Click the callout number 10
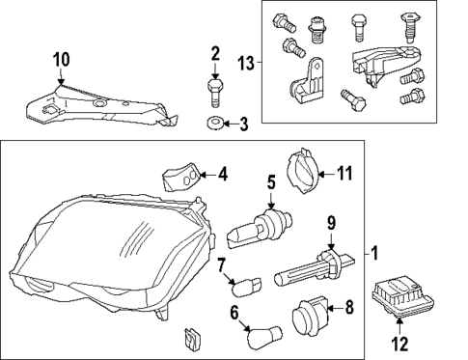tap(61, 61)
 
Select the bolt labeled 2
tap(214, 93)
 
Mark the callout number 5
tap(271, 180)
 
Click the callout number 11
tap(345, 173)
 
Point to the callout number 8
tap(348, 309)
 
